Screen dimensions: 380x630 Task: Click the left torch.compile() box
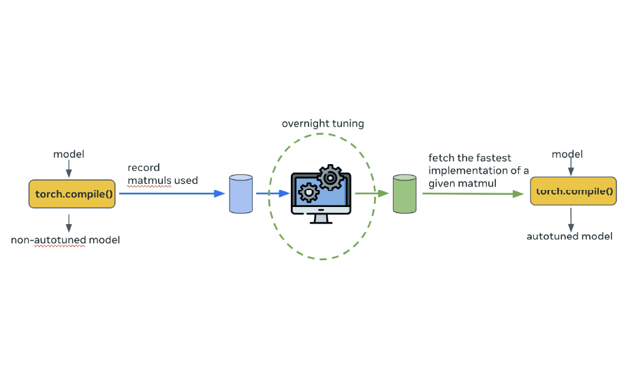[x=72, y=194]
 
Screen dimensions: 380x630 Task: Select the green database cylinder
[x=405, y=193]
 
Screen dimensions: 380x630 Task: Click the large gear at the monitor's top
[x=331, y=178]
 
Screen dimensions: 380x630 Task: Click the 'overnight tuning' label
[x=323, y=124]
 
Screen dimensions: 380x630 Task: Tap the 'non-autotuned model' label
[x=65, y=240]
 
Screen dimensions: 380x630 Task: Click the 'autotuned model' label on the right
[x=569, y=236]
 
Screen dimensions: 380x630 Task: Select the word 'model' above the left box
[x=68, y=154]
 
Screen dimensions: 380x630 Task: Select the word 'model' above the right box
[x=567, y=154]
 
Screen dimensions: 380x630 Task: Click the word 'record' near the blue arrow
[x=143, y=168]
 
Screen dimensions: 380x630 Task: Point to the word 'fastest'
[x=493, y=158]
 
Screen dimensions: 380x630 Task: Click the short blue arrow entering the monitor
[x=272, y=193]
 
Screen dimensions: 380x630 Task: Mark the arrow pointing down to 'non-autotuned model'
[x=67, y=221]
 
